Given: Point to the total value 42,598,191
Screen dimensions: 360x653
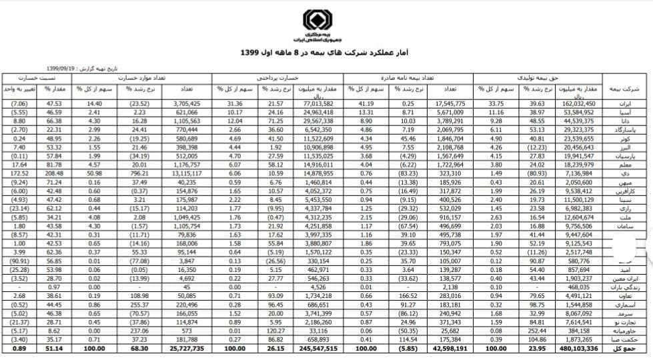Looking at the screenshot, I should pyautogui.click(x=448, y=347).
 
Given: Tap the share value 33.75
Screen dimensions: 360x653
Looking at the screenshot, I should pyautogui.click(x=492, y=104).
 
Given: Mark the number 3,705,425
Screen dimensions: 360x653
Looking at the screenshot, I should pyautogui.click(x=186, y=104).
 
